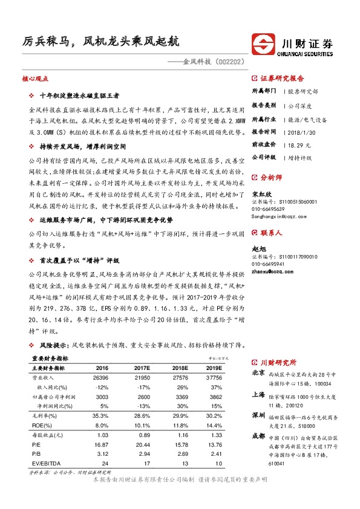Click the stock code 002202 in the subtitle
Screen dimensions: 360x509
[x=227, y=60]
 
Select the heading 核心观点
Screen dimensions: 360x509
[x=34, y=79]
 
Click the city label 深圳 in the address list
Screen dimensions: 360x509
[x=258, y=415]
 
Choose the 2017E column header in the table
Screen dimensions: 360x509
[x=142, y=367]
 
